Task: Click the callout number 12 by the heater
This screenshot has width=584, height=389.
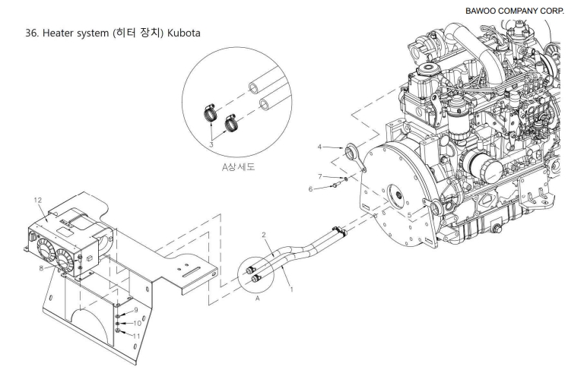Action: [38, 201]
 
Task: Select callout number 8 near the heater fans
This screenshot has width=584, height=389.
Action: [41, 268]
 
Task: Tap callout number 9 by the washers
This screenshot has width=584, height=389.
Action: [136, 310]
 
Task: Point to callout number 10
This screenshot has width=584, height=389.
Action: [137, 323]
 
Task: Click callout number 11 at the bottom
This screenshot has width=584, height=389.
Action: [136, 336]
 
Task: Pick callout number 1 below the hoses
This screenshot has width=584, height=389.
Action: [292, 289]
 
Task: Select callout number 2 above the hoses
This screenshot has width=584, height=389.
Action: [264, 235]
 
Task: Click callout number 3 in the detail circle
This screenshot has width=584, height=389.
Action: [211, 144]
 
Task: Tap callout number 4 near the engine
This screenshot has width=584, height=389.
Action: [319, 147]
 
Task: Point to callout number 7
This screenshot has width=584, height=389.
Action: [320, 176]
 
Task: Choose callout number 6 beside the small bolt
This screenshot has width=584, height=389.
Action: [310, 189]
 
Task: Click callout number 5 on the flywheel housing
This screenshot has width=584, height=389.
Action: [410, 215]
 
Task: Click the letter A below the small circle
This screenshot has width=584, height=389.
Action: [257, 299]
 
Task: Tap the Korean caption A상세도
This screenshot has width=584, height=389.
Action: [238, 166]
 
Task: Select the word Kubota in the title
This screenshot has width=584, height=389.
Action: [183, 33]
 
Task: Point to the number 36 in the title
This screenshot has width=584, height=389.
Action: [31, 33]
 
